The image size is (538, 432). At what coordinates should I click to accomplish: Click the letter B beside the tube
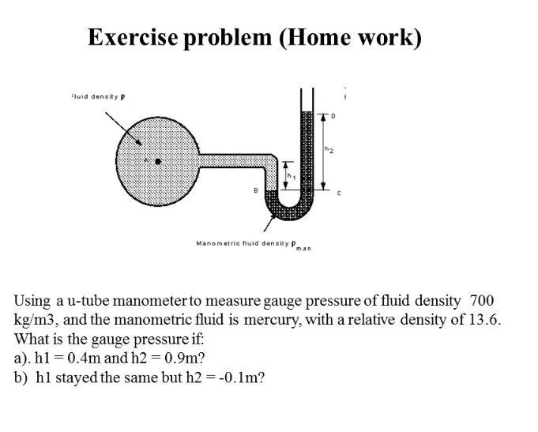click(254, 190)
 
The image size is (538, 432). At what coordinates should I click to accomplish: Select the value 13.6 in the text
click(487, 319)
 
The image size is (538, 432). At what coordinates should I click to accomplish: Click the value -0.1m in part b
click(240, 376)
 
